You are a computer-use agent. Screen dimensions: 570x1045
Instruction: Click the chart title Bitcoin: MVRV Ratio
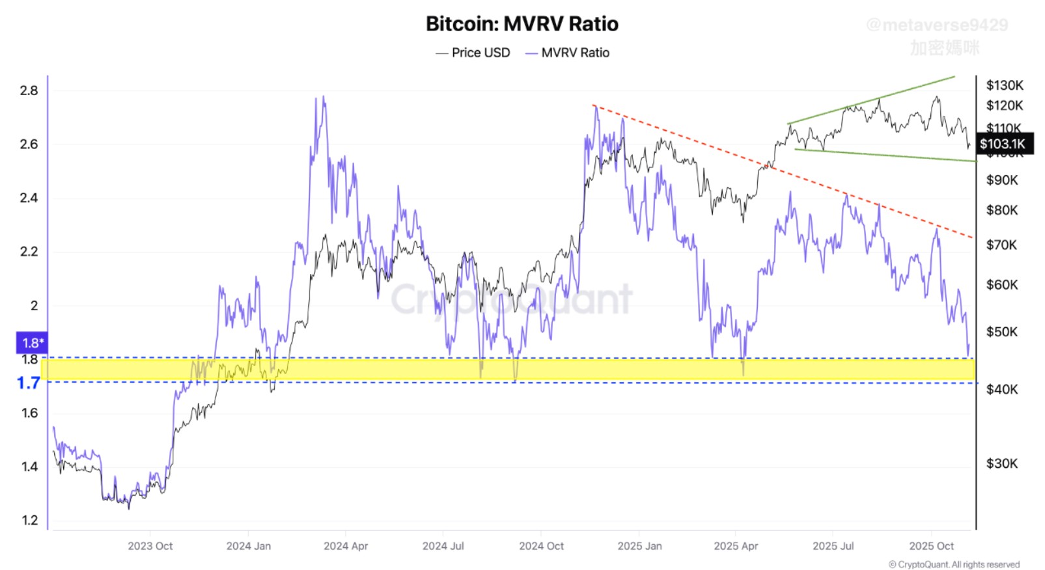coord(522,24)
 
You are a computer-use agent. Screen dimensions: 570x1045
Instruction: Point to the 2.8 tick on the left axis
coord(29,90)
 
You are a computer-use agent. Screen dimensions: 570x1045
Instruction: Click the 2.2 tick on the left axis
coord(29,251)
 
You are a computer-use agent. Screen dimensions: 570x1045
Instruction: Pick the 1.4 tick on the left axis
coord(29,466)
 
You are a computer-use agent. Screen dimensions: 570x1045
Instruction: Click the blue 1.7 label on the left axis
coord(29,383)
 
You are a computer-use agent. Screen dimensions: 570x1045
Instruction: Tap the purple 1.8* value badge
coord(31,343)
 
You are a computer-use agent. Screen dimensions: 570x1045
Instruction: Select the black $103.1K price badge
coord(1003,144)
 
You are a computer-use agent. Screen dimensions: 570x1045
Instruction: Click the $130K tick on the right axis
coord(1005,85)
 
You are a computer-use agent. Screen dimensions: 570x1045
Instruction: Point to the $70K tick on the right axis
coord(1002,245)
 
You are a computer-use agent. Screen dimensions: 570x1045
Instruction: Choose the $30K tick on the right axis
coord(1002,463)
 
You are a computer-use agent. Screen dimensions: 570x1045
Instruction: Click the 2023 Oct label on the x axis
coord(150,546)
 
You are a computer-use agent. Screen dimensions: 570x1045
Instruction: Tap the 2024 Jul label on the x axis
coord(443,546)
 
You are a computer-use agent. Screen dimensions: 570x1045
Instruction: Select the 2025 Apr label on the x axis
coord(736,546)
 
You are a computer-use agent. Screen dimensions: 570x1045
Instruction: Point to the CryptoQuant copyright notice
coord(954,564)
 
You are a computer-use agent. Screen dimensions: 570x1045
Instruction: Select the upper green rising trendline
coord(872,100)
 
